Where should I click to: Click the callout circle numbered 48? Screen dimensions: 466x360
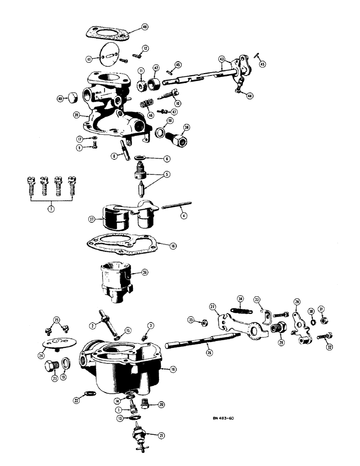pyautogui.click(x=145, y=27)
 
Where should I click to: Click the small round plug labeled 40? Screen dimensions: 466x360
pyautogui.click(x=72, y=98)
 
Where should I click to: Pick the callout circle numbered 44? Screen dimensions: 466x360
pyautogui.click(x=250, y=96)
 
